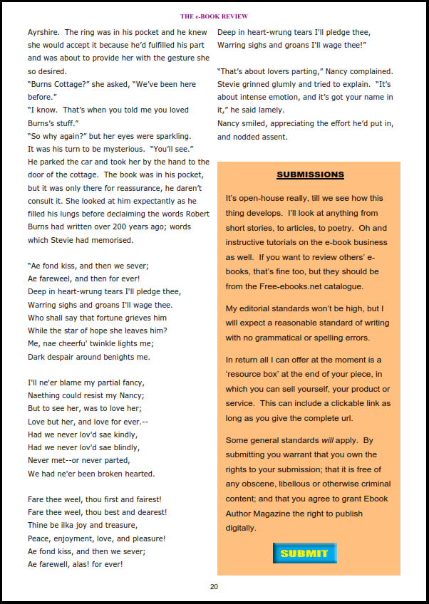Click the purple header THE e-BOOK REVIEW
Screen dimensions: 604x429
[x=214, y=16]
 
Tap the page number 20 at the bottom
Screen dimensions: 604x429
[x=214, y=586]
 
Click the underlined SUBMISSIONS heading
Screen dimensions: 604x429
[x=310, y=175]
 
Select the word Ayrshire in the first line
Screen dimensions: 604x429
[x=43, y=32]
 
